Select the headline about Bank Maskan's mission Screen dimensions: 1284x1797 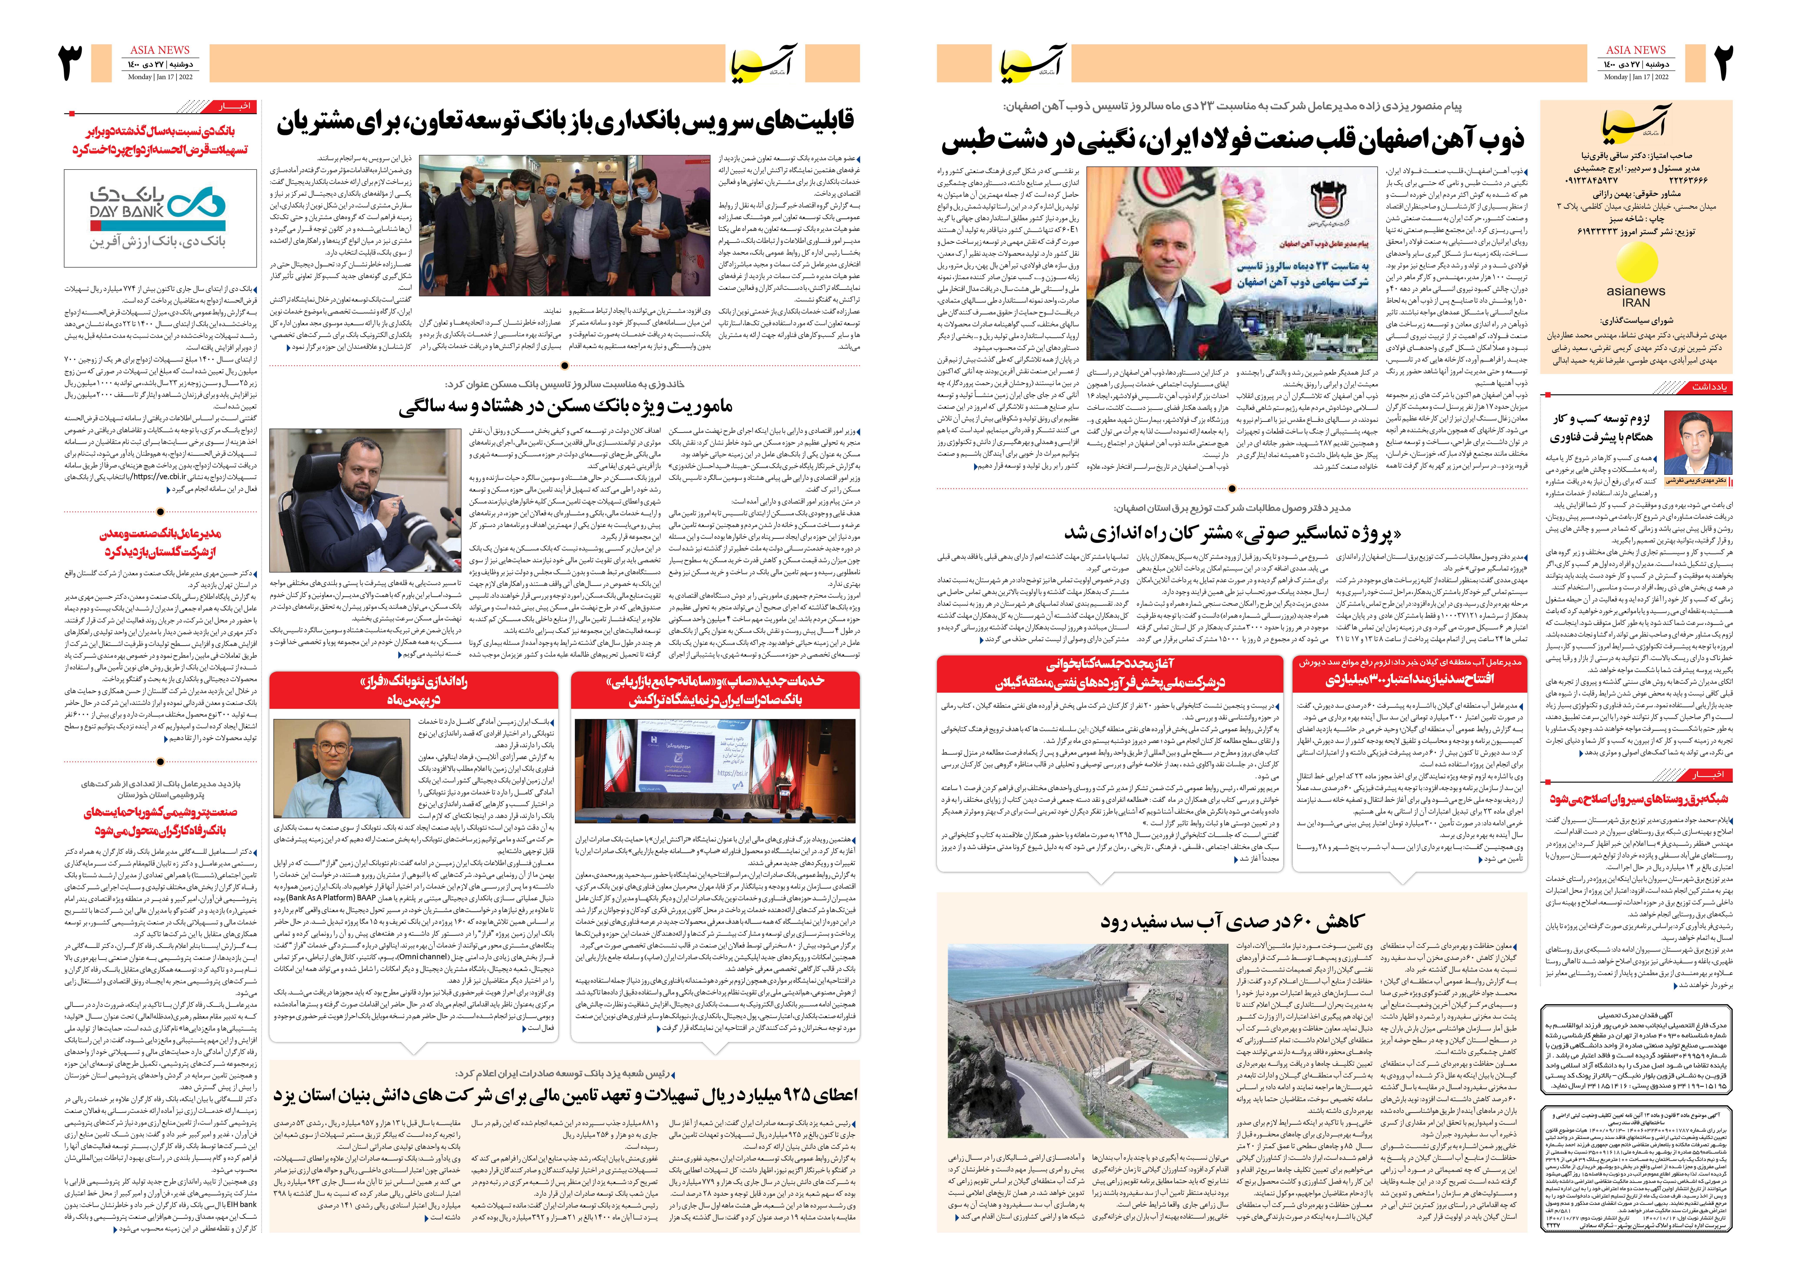coord(565,406)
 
